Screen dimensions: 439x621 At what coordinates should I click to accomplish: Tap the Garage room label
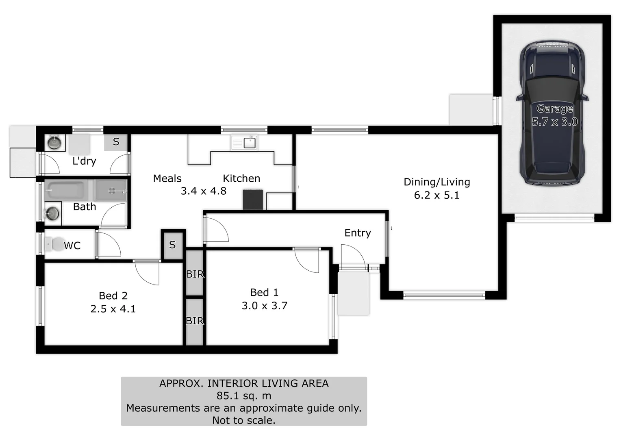(x=554, y=109)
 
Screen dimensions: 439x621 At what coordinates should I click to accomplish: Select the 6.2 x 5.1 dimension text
(x=436, y=196)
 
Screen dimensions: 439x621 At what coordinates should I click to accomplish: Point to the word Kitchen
(x=241, y=178)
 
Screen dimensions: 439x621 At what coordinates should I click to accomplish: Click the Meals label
(x=167, y=178)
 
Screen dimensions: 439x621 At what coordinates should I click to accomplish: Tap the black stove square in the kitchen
(x=253, y=200)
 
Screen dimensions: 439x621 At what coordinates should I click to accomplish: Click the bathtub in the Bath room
(x=65, y=190)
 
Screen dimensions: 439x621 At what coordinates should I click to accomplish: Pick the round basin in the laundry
(x=54, y=143)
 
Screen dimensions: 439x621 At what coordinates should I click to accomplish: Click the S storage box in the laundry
(x=116, y=142)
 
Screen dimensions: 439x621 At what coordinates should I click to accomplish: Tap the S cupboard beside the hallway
(x=173, y=245)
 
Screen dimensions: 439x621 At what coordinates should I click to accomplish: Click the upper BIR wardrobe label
(x=195, y=274)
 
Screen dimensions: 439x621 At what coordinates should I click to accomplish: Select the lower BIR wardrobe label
(x=195, y=321)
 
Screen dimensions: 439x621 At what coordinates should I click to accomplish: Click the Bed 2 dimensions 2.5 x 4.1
(x=113, y=309)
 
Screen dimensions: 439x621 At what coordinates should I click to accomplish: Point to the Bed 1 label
(x=264, y=292)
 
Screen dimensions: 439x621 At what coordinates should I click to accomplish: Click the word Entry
(x=358, y=233)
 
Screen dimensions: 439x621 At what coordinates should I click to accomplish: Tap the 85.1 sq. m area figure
(x=244, y=396)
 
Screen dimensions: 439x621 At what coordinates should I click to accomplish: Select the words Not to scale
(x=244, y=420)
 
